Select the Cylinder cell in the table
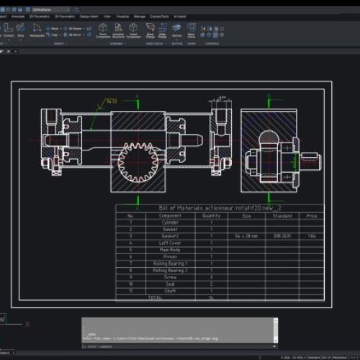tap(170, 222)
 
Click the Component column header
tap(170, 215)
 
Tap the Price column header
tap(311, 215)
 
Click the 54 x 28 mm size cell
tap(246, 236)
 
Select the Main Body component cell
tap(170, 250)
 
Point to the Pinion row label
tap(170, 256)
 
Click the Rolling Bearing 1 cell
tap(170, 264)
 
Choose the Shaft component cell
tap(170, 290)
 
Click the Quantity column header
tap(211, 215)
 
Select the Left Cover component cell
tap(170, 243)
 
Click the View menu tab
tap(107, 15)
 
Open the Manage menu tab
tap(140, 15)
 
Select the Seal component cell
tap(170, 284)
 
